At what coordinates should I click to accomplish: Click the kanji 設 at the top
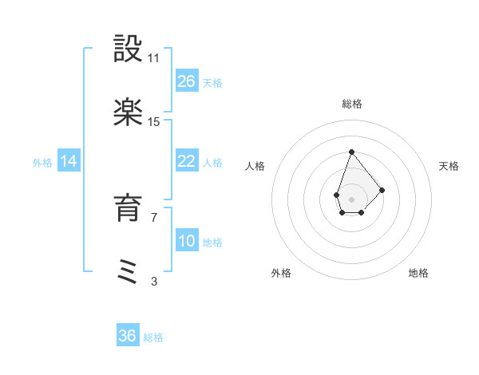point(129,50)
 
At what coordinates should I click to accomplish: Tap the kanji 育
point(129,209)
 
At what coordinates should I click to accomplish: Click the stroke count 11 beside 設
point(154,58)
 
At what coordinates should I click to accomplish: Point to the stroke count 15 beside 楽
point(154,121)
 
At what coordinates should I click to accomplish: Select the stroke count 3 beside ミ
point(154,280)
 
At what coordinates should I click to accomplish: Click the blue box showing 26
point(186,81)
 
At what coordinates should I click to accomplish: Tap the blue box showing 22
point(186,160)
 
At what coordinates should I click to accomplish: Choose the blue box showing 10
point(186,240)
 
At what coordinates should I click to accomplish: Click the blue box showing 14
point(69,161)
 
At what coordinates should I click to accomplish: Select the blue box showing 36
point(128,336)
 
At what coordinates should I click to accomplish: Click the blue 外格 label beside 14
point(42,162)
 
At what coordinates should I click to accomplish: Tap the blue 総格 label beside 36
point(153,337)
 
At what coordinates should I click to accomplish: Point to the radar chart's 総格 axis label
point(351,104)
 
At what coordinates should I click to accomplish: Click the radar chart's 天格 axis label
point(449,166)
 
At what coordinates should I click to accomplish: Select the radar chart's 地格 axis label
point(418,273)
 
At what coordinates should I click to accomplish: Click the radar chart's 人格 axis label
point(255,166)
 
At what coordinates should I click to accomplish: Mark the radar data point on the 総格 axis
point(351,152)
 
